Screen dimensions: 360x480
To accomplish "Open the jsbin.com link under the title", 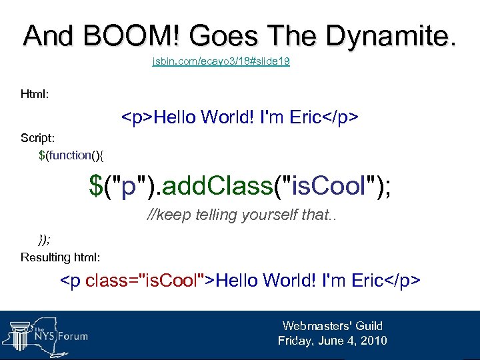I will [221, 62].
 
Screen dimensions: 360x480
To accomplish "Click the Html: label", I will [35, 95].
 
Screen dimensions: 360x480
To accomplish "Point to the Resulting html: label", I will [61, 257].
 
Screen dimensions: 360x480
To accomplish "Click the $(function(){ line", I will [71, 155].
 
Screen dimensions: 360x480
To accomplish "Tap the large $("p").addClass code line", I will [240, 186].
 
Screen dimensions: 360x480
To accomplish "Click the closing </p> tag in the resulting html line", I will [403, 280].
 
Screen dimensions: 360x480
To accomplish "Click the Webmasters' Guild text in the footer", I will [332, 326].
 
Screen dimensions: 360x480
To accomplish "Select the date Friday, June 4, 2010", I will [332, 341].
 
